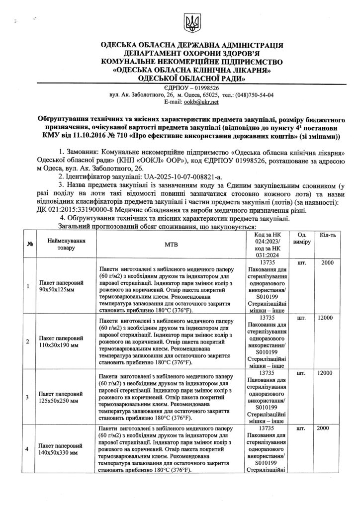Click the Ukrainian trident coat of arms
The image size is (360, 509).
pyautogui.click(x=190, y=21)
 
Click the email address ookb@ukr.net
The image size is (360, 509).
pyautogui.click(x=201, y=102)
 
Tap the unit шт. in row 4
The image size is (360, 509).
pyautogui.click(x=301, y=427)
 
